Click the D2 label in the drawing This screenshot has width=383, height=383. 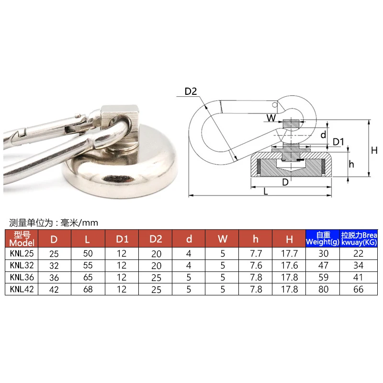191,91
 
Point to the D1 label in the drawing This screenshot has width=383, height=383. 339,142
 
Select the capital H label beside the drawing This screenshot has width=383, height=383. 374,150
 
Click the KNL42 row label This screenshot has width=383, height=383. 21,289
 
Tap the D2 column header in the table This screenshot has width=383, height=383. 155,238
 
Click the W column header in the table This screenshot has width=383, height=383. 222,238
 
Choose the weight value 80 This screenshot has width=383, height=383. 322,289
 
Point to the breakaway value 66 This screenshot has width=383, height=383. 358,289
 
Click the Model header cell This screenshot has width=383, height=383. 21,238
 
